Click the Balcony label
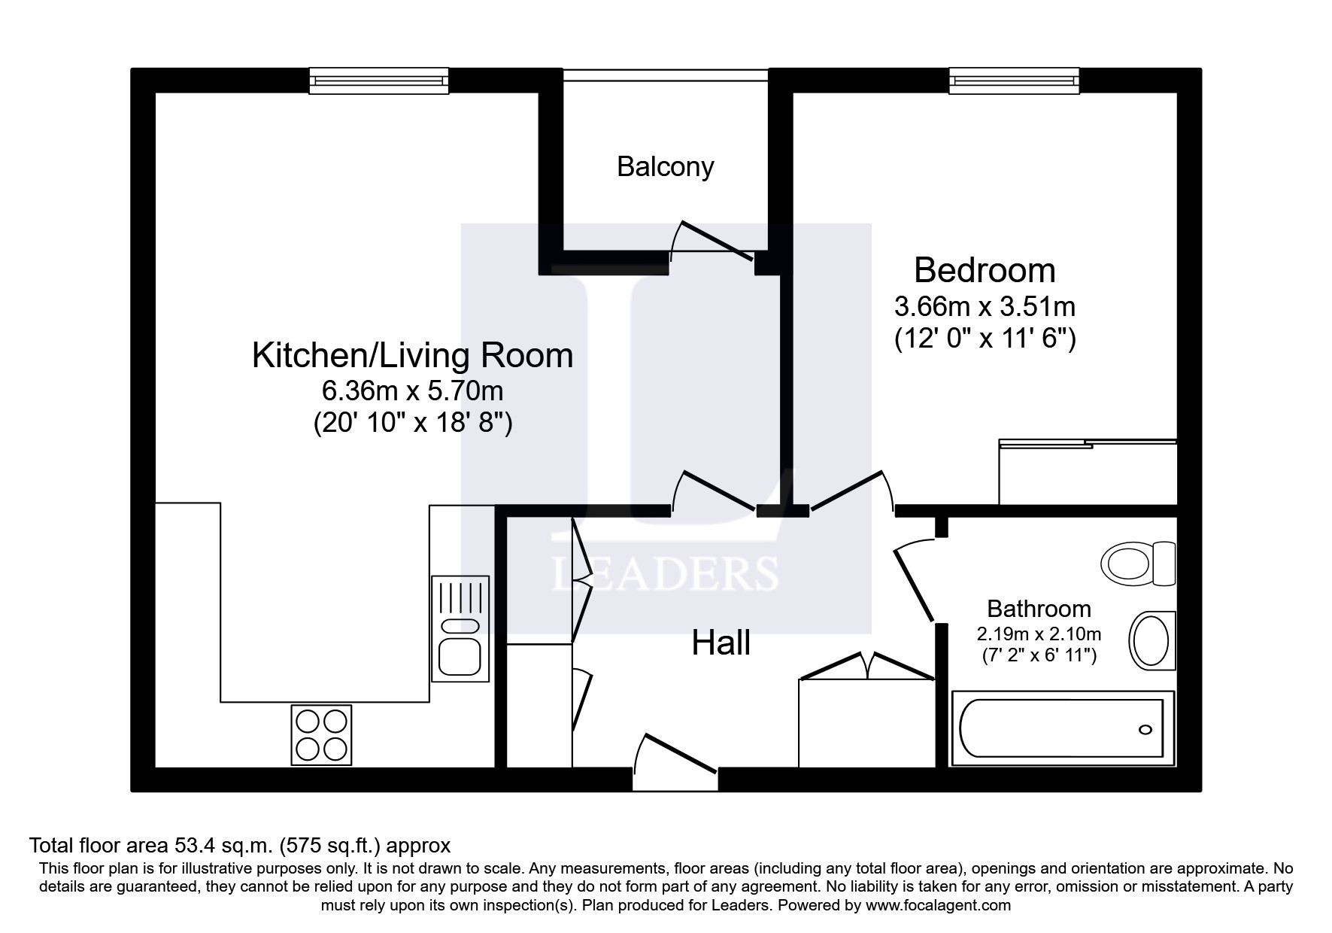tap(665, 166)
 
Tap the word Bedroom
tap(984, 269)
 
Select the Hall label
tap(721, 643)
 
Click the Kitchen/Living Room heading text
tap(412, 355)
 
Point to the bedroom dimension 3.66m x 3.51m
tap(984, 307)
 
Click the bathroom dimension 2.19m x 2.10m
tap(1039, 634)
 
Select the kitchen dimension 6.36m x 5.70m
tap(412, 391)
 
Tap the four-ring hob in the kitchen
tap(322, 735)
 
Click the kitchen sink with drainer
tap(460, 628)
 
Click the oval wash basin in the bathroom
tap(1151, 640)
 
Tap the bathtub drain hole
tap(1145, 729)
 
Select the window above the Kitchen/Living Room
tap(379, 81)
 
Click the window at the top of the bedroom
tap(1014, 81)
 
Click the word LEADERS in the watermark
tap(665, 574)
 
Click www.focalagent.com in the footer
tap(938, 905)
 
